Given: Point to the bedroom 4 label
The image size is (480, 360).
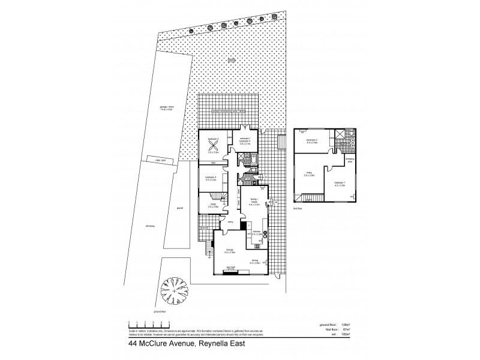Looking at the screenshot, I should (x=211, y=178).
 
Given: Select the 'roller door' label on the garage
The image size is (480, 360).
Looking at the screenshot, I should (x=160, y=161).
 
